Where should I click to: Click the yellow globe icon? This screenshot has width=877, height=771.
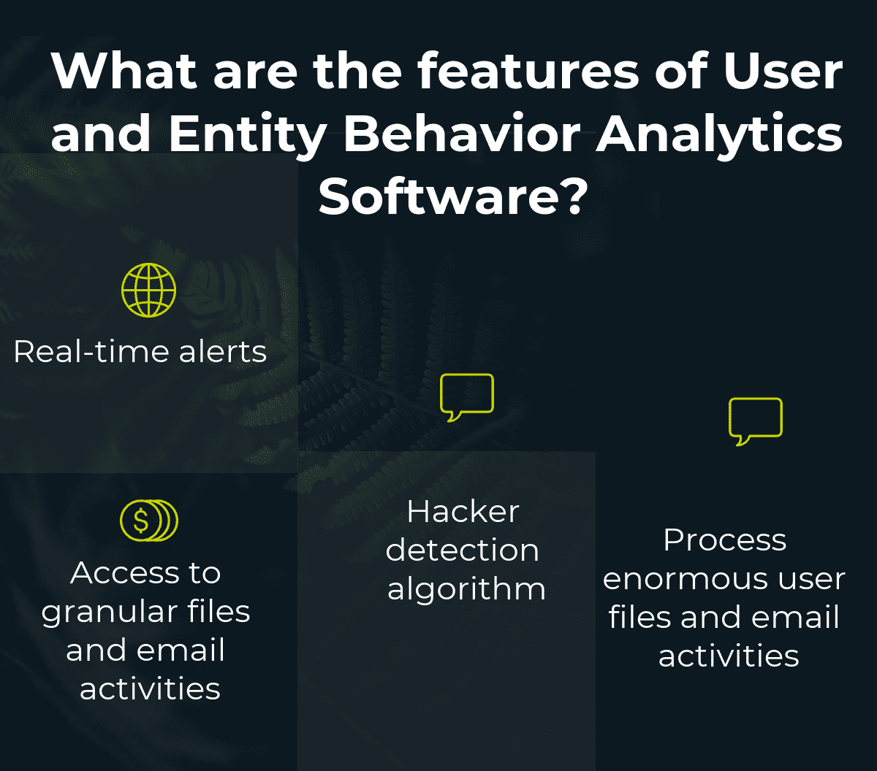pyautogui.click(x=148, y=290)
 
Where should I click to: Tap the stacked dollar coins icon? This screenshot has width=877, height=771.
pyautogui.click(x=148, y=521)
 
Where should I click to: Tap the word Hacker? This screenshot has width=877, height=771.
pyautogui.click(x=463, y=511)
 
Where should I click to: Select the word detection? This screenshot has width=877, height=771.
pyautogui.click(x=463, y=550)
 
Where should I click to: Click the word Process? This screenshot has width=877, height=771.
pyautogui.click(x=724, y=540)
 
